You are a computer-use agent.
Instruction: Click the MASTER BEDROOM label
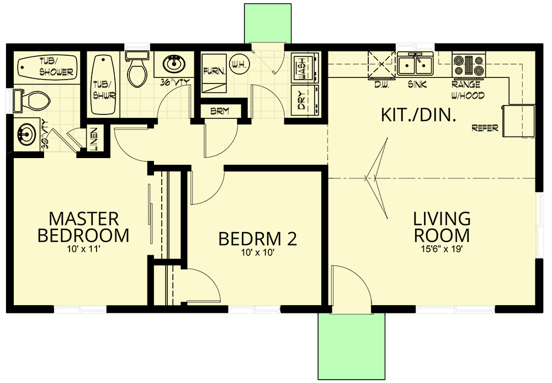click(x=83, y=227)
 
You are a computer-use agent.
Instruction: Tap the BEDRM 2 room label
click(x=257, y=239)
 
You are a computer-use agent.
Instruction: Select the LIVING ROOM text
click(x=442, y=227)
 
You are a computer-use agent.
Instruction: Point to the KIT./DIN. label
click(x=418, y=114)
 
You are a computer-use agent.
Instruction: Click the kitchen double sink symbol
click(x=415, y=65)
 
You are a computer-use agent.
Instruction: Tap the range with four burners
click(x=468, y=65)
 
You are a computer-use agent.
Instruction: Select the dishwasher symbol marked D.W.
click(x=380, y=65)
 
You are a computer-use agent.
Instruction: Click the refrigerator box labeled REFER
click(x=518, y=120)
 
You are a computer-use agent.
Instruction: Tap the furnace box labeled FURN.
click(x=213, y=72)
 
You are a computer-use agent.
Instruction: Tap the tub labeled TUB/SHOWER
click(x=47, y=67)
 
